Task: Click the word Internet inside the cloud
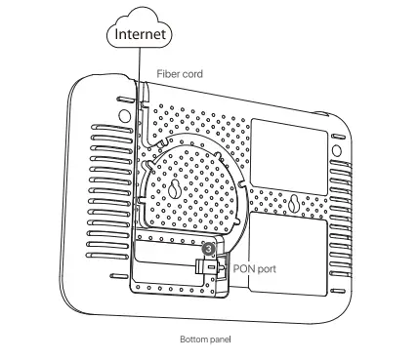pos(142,34)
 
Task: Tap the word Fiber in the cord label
pos(168,72)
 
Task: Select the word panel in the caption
pos(219,340)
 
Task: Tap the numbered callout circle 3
pos(206,249)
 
